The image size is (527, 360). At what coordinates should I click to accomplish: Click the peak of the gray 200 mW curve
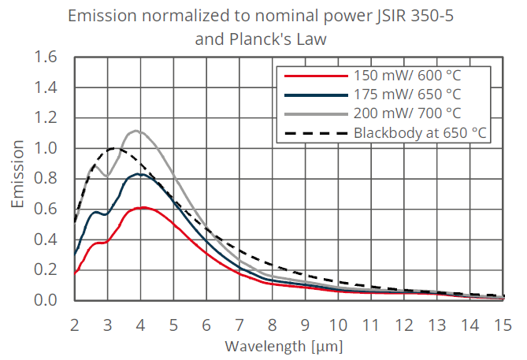[136, 131]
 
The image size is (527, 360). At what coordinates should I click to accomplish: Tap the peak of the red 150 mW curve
[142, 207]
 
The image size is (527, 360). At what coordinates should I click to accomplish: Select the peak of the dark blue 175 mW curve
[139, 174]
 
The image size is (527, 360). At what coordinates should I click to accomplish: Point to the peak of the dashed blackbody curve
[115, 148]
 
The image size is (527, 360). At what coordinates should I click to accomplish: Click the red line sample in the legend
[315, 76]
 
